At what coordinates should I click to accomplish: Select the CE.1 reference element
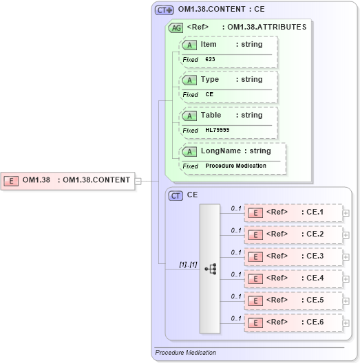tap(294, 212)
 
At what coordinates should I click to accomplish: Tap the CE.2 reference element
tap(294, 234)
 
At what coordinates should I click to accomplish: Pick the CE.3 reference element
tap(294, 256)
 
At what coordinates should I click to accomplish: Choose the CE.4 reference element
tap(294, 278)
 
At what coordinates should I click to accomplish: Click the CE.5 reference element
tap(294, 300)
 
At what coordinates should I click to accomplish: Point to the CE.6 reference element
tap(294, 322)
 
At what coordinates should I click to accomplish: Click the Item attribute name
tap(209, 44)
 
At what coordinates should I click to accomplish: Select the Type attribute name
tap(210, 79)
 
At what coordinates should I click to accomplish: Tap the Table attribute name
tap(211, 115)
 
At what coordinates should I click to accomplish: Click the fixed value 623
tap(210, 60)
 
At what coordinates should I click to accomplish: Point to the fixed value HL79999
tap(218, 131)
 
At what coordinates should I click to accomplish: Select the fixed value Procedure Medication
tap(235, 166)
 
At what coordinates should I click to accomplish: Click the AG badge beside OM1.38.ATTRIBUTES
tap(176, 28)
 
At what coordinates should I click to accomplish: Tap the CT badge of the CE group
tap(176, 195)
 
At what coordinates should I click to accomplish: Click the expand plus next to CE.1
tap(346, 213)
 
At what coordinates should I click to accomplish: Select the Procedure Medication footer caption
tap(185, 353)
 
